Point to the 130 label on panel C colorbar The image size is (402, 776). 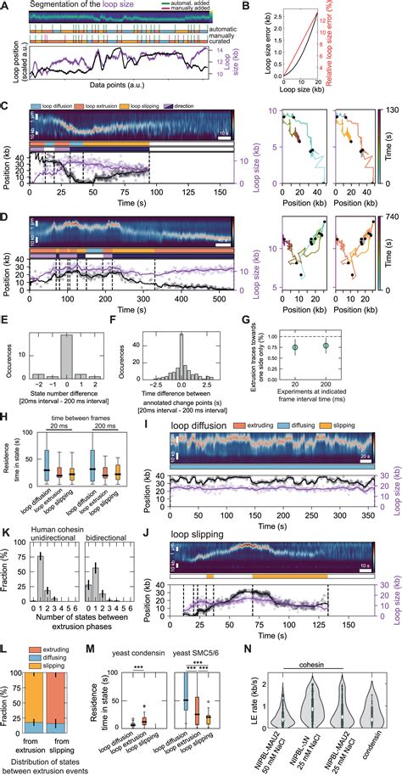tap(392, 110)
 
